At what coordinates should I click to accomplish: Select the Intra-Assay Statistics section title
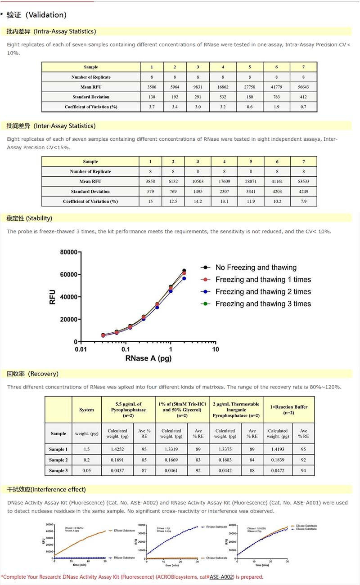point(51,31)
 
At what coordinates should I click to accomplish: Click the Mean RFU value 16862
point(223,87)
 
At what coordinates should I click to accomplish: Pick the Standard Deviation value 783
point(277,97)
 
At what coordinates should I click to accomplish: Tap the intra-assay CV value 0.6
point(250,107)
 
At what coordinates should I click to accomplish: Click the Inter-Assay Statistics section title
point(51,126)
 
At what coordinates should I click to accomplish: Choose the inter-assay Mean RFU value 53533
point(304,181)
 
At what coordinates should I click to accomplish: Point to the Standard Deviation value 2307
point(223,191)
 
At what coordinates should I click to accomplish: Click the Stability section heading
point(30,218)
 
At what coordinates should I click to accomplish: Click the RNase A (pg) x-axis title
point(148,358)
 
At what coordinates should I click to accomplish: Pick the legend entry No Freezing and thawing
point(256,268)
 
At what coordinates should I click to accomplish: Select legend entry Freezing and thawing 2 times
point(263,292)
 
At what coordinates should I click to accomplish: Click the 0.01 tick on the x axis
point(81,349)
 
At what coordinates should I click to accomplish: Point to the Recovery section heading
point(33,374)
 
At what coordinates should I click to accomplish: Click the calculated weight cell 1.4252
point(117,449)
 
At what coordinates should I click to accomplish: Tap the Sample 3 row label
point(58,470)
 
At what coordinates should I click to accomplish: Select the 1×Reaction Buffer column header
point(289,410)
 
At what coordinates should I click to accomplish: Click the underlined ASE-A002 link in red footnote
point(221,576)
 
